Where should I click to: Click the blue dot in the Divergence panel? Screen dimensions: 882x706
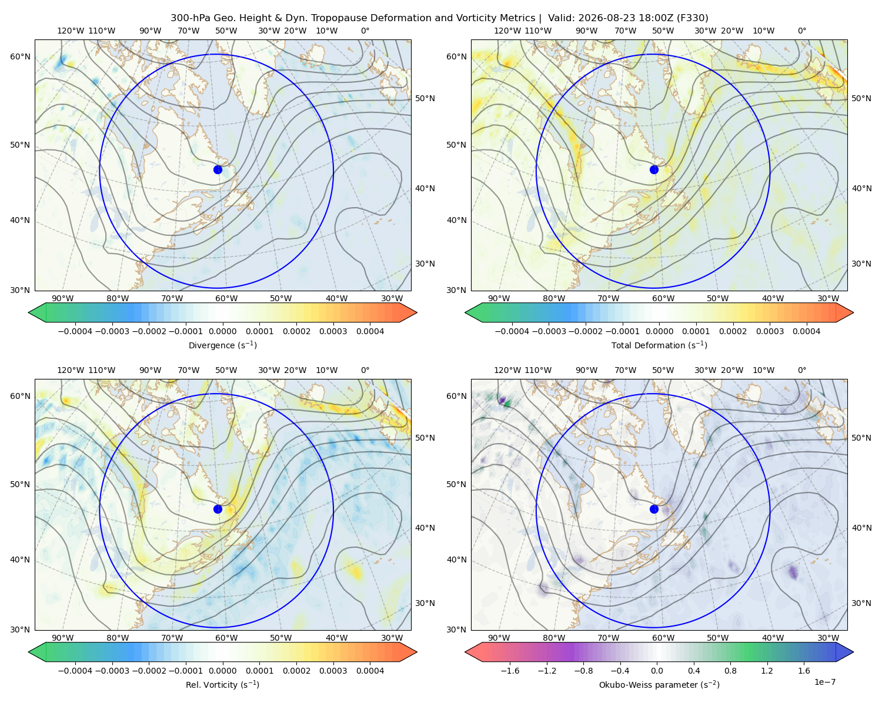click(x=218, y=169)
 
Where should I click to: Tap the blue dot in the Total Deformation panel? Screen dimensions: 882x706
click(x=654, y=169)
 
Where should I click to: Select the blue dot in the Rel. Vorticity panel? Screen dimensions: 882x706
click(x=218, y=509)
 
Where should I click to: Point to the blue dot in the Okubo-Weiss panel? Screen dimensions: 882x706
click(x=654, y=509)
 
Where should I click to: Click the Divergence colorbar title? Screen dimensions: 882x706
click(x=222, y=345)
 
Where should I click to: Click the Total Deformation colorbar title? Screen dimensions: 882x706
click(x=659, y=345)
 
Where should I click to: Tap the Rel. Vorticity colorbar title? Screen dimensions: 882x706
click(x=222, y=684)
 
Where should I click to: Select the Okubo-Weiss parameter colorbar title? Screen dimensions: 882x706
click(x=659, y=684)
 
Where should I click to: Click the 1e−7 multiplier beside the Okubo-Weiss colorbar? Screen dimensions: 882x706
click(x=824, y=682)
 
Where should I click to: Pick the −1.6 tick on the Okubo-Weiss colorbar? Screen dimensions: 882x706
click(x=510, y=671)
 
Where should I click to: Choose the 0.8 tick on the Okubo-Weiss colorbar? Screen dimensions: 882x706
click(x=730, y=671)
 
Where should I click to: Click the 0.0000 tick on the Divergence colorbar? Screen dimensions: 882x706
click(x=222, y=331)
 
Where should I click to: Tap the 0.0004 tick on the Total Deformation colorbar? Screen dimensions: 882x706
click(x=806, y=331)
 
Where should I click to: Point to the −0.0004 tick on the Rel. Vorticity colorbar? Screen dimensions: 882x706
click(x=75, y=671)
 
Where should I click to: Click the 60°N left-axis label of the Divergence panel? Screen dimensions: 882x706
click(x=20, y=56)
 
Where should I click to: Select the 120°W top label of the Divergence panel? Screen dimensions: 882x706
click(x=71, y=31)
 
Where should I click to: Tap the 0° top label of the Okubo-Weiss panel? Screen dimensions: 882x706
click(x=801, y=370)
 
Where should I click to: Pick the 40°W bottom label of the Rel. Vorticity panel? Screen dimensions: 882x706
click(x=336, y=638)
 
